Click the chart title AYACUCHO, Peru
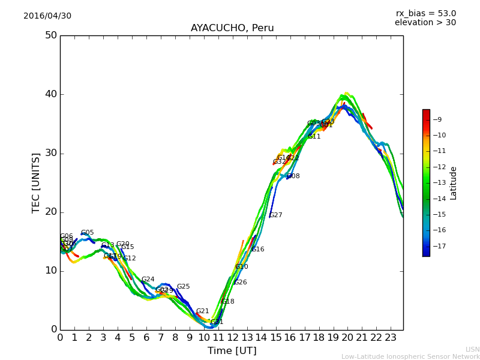[x=232, y=28]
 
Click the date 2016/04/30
[x=47, y=16]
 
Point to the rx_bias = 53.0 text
[x=425, y=14]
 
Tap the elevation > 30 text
[x=425, y=23]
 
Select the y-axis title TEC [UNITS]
[x=36, y=182]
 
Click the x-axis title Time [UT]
[x=232, y=351]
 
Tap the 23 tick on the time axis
[x=391, y=338]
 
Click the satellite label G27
[x=275, y=215]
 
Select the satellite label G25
[x=183, y=287]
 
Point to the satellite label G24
[x=148, y=280]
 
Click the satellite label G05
[x=88, y=233]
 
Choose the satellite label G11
[x=314, y=137]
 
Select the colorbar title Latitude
[x=454, y=182]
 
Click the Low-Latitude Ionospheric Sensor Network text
[x=410, y=356]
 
